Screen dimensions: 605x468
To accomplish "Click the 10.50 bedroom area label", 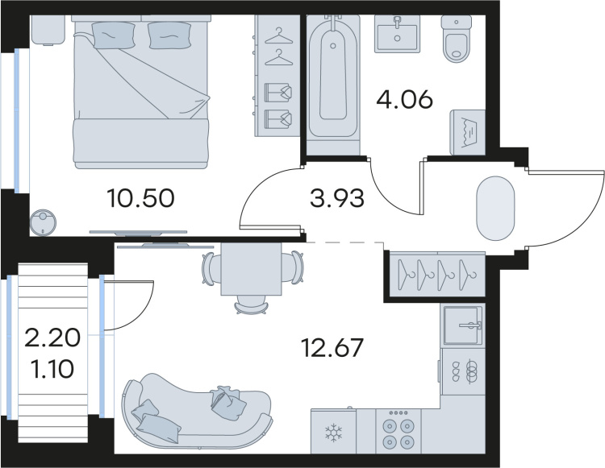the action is click(x=141, y=199).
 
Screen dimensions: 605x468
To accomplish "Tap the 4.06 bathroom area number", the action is click(x=404, y=100).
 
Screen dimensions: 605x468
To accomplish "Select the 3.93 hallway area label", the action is click(x=337, y=199).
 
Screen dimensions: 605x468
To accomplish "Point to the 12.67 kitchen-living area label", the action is click(x=332, y=347).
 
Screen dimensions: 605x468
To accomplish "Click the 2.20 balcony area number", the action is click(x=52, y=338).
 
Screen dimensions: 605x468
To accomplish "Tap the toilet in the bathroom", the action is click(x=457, y=39).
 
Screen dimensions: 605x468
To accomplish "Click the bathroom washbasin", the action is click(x=397, y=34).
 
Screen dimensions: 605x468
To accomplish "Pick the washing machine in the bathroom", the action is click(x=468, y=132).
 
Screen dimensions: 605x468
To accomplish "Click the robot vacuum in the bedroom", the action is click(x=44, y=222).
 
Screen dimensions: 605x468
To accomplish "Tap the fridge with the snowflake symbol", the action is click(x=333, y=431).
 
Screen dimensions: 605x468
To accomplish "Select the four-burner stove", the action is click(x=398, y=431).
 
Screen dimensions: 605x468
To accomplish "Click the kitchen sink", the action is click(x=463, y=325).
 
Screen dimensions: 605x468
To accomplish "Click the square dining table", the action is click(x=251, y=269).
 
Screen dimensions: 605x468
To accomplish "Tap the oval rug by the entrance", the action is click(x=496, y=209).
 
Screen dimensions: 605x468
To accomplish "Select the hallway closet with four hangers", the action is click(x=436, y=274).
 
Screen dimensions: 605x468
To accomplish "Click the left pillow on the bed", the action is click(x=113, y=35).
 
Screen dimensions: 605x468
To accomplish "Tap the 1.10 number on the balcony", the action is click(x=52, y=369).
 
